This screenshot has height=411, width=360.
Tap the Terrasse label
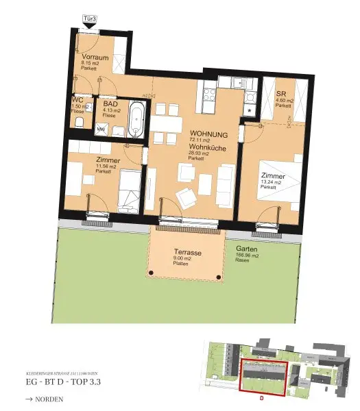[x=187, y=253]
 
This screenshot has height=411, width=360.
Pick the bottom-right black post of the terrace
[x=218, y=276]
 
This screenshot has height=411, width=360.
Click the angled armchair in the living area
[x=185, y=197]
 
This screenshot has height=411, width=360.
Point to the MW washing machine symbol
[x=101, y=128]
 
